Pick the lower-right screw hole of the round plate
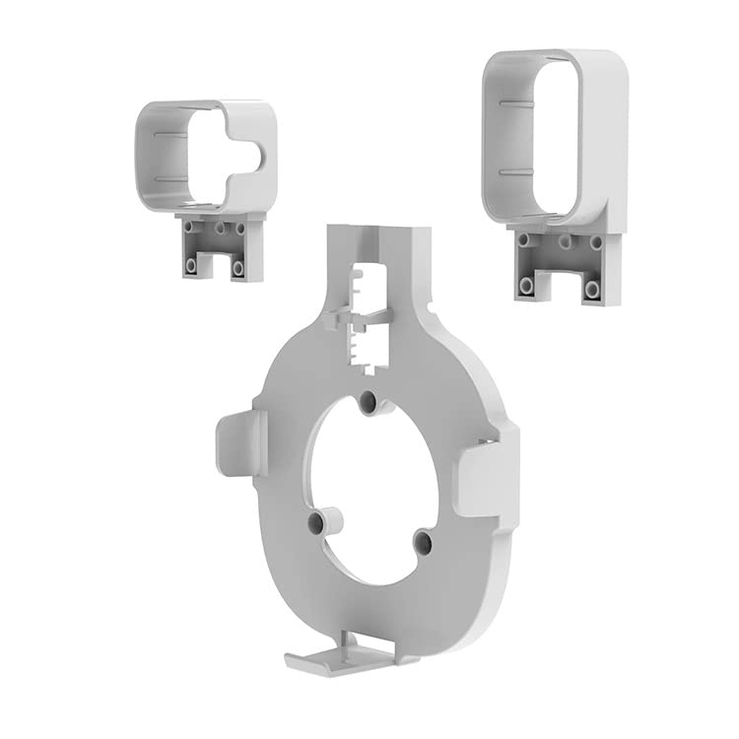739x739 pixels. (423, 541)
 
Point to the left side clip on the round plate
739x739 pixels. (237, 443)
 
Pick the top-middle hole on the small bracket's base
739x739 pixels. (214, 228)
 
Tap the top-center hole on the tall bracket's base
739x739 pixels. (565, 240)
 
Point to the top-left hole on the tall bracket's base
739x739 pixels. (523, 239)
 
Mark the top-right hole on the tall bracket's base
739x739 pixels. (596, 242)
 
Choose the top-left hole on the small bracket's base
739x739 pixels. (188, 227)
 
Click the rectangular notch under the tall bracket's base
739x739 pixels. (560, 286)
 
